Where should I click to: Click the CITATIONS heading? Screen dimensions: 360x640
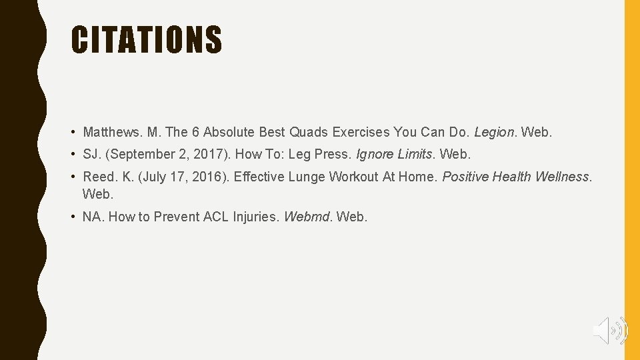tap(147, 39)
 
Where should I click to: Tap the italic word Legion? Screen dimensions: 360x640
tap(494, 132)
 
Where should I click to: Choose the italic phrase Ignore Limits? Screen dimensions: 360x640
tap(394, 154)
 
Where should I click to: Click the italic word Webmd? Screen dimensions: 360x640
tap(308, 217)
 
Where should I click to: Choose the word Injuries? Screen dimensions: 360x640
tap(256, 217)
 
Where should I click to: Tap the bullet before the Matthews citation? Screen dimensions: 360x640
tap(75, 133)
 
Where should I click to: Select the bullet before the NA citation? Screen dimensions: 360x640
tap(75, 217)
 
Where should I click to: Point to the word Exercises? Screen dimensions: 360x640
tap(361, 132)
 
